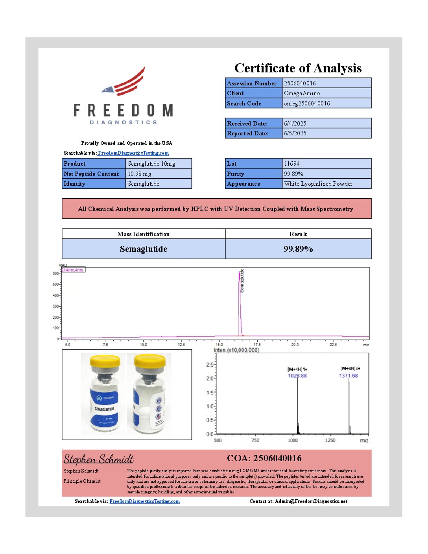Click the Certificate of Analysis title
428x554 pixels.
click(x=298, y=68)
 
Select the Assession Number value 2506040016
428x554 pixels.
click(x=300, y=83)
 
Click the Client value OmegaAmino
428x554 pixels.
click(x=302, y=93)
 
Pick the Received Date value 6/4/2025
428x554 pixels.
click(x=295, y=124)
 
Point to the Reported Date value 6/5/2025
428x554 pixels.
click(x=295, y=133)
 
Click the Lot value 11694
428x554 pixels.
click(x=292, y=164)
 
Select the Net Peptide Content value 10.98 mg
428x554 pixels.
click(x=139, y=174)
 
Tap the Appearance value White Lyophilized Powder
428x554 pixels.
click(x=318, y=184)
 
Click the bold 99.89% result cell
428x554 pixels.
click(x=298, y=249)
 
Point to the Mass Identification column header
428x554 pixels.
click(x=143, y=234)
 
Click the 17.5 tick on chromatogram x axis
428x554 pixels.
click(x=257, y=345)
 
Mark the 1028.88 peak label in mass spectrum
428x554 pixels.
click(x=297, y=376)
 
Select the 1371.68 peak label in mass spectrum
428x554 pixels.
click(x=349, y=376)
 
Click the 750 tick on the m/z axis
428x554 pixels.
click(x=255, y=440)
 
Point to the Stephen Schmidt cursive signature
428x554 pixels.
click(x=98, y=459)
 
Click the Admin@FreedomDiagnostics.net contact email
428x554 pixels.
click(x=311, y=501)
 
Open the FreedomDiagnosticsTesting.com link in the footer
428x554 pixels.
click(x=144, y=501)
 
